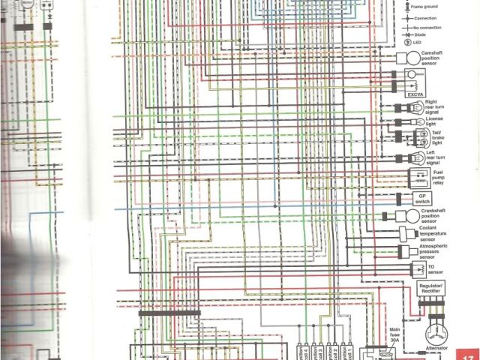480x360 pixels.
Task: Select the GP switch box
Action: click(421, 199)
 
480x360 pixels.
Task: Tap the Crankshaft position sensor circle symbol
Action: click(414, 216)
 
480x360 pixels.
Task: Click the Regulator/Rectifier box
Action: click(431, 289)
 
